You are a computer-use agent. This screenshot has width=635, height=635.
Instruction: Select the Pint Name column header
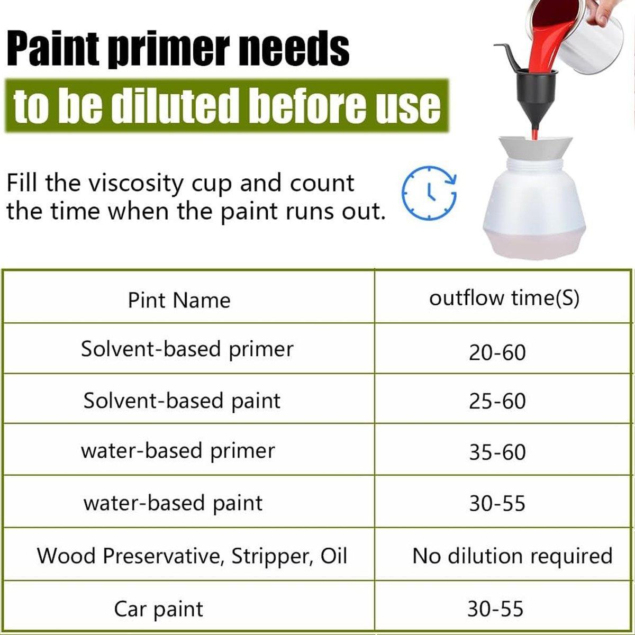[x=179, y=300]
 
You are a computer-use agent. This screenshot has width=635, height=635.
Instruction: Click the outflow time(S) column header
[x=504, y=298]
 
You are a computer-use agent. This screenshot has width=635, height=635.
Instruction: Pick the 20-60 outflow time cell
[x=497, y=352]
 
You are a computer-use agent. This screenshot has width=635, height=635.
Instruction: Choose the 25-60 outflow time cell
[x=497, y=401]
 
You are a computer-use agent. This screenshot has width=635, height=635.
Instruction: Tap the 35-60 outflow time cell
[x=497, y=452]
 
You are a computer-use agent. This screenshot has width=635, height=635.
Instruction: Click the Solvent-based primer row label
[x=187, y=349]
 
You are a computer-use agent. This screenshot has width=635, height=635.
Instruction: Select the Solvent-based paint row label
[x=182, y=401]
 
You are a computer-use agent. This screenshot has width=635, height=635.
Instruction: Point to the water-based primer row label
[x=178, y=451]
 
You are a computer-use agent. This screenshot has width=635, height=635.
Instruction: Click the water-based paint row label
[x=173, y=503]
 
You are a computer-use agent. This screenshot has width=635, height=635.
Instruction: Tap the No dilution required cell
[x=512, y=557]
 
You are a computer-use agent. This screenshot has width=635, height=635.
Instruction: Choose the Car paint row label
[x=159, y=609]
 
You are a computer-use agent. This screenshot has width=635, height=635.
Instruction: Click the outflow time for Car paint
[x=495, y=609]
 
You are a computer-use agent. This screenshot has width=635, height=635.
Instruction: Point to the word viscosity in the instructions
[x=137, y=184]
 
